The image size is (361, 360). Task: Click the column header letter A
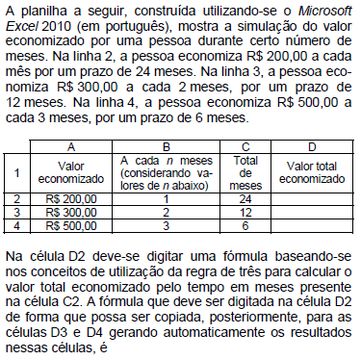(68, 145)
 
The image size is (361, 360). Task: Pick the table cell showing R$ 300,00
(66, 212)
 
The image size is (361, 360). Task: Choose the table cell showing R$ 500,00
(66, 224)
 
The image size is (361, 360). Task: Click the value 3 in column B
(167, 224)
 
